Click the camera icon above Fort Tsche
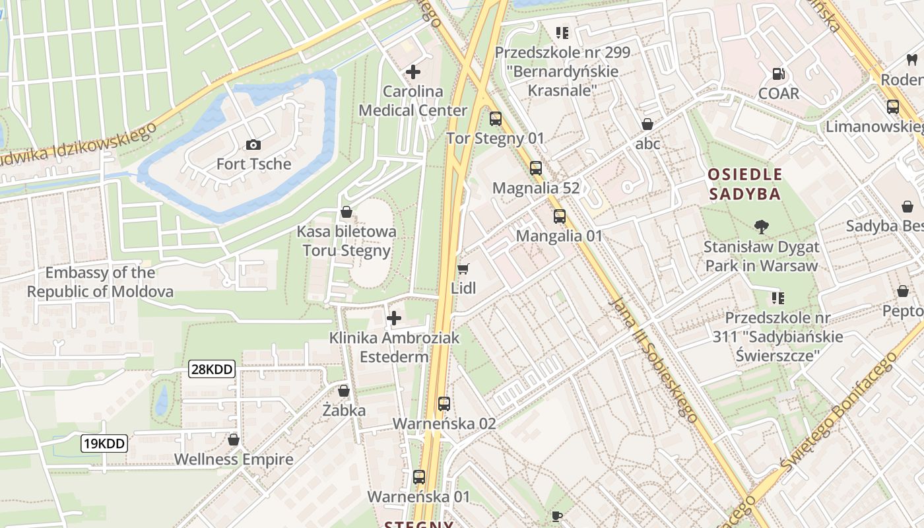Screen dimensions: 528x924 pos(253,145)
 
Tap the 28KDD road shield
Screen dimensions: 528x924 pos(212,369)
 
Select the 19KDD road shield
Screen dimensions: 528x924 pos(104,444)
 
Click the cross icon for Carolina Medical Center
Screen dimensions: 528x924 pos(413,71)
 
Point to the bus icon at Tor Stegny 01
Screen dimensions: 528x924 pos(495,119)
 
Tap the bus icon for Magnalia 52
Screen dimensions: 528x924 pos(536,168)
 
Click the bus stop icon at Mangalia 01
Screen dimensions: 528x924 pos(560,216)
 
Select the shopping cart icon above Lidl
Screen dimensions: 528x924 pos(463,269)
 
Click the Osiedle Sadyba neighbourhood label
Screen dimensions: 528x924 pos(744,184)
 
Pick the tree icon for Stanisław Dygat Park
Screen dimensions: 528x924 pos(761,227)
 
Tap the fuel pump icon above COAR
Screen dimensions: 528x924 pos(779,74)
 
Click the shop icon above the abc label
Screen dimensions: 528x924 pos(647,124)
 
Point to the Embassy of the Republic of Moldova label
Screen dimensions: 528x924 pos(100,282)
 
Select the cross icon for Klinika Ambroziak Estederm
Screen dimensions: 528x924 pos(394,318)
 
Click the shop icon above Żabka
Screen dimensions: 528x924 pos(344,391)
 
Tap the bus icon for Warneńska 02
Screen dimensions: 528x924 pos(444,404)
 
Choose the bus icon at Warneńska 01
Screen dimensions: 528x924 pos(418,477)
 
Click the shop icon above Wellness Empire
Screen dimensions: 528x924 pos(234,440)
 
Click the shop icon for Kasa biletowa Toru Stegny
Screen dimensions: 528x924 pos(346,212)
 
